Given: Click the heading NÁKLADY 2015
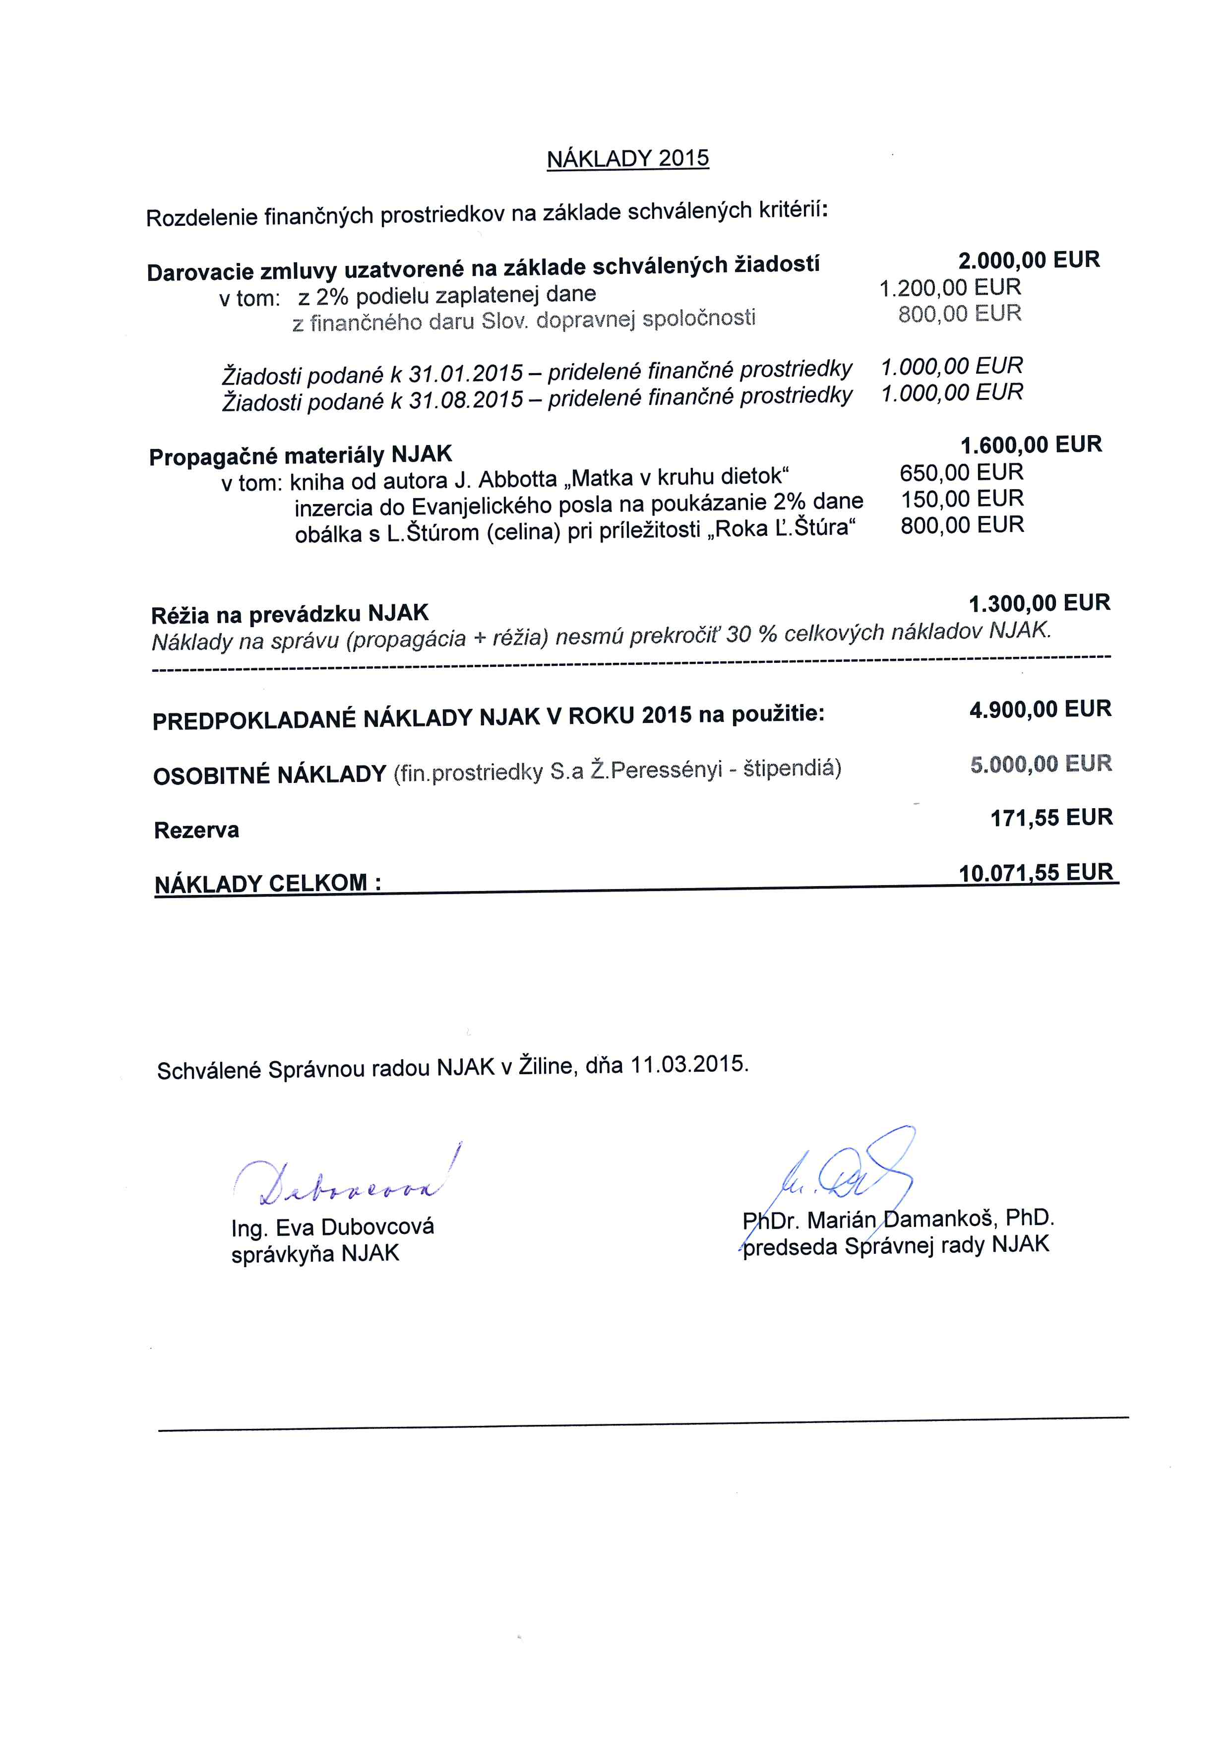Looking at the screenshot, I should [x=628, y=158].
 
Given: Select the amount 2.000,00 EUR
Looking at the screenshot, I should [x=1029, y=260].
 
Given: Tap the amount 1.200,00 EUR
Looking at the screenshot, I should [x=950, y=287].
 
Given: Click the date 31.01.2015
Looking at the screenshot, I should [x=466, y=374].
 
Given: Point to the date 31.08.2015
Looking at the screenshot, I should [x=466, y=399].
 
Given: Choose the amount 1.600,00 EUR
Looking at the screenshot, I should [x=1031, y=444].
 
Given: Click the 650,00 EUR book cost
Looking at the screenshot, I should [x=961, y=472].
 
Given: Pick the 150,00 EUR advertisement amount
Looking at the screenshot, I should [x=962, y=499].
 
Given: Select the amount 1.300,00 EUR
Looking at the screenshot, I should [x=1039, y=603].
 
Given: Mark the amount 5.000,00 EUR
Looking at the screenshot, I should [x=1041, y=763].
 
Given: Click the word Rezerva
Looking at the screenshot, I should [x=196, y=830].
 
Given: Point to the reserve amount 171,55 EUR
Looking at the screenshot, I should [x=1051, y=817].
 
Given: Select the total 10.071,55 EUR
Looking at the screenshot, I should [x=1036, y=872].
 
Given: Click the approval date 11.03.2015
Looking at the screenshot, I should [x=688, y=1064].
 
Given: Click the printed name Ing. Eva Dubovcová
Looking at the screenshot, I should [x=332, y=1227].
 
